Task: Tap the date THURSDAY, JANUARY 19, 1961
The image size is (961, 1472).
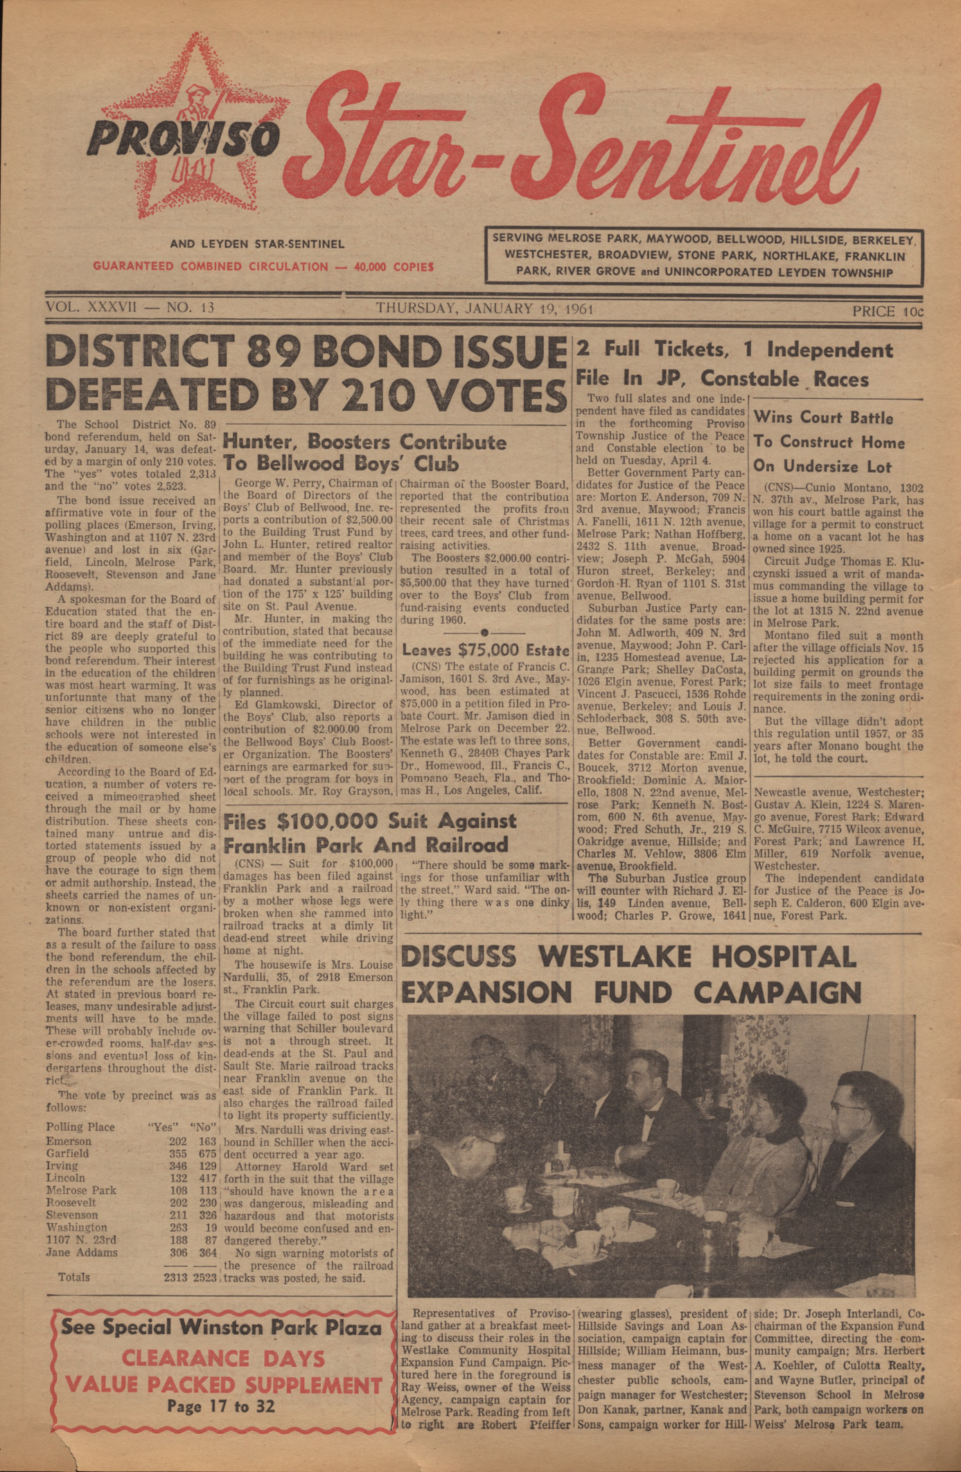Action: coord(484,309)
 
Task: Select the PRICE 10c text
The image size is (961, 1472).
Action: coord(888,311)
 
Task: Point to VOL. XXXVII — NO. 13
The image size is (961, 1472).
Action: coord(130,308)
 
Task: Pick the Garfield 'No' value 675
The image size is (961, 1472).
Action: coord(208,1153)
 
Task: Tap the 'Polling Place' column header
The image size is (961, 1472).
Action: coord(80,1127)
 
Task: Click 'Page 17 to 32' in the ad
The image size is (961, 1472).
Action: coord(220,1406)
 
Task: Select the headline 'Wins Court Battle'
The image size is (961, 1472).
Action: coord(823,418)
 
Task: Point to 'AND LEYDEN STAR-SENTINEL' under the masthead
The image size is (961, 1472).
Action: coord(257,244)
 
